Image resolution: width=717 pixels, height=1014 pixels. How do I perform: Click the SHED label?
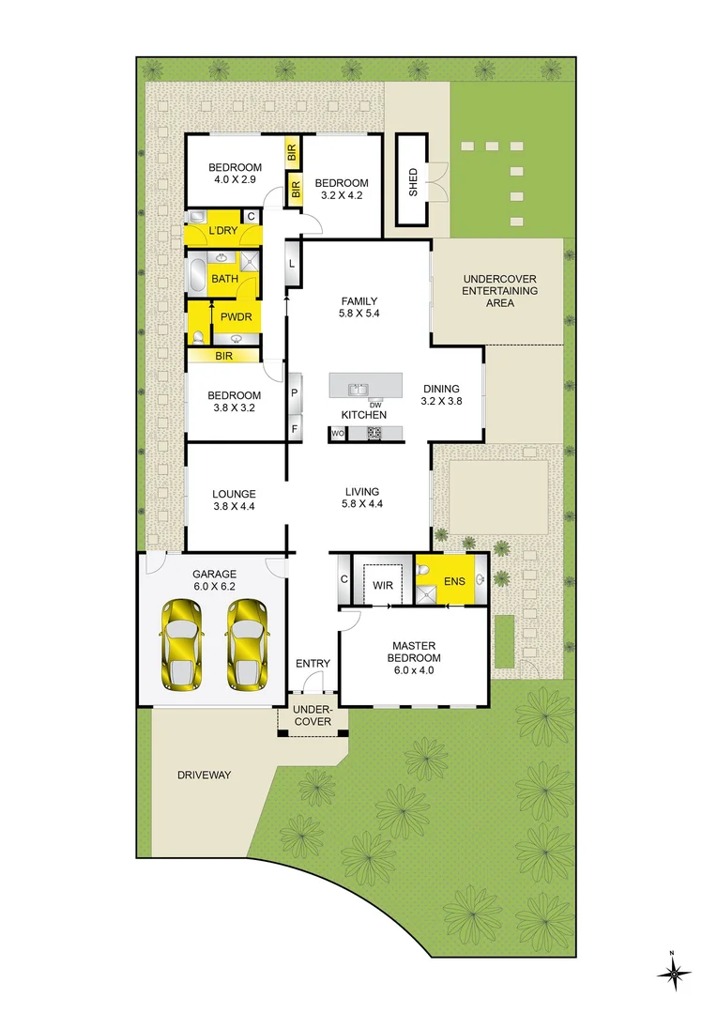(413, 181)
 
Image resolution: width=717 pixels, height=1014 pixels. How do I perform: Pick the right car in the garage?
(247, 643)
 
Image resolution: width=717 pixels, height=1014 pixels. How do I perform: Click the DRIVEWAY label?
(204, 775)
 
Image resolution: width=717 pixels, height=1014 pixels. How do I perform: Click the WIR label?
(382, 585)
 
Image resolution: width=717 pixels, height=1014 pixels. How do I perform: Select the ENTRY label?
(313, 664)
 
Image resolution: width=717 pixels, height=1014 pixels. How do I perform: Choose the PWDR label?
(236, 317)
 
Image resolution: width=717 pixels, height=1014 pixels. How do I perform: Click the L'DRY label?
(222, 231)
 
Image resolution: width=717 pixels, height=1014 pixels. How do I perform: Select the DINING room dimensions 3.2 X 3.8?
(441, 401)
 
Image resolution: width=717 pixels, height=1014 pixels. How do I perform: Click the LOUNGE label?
(234, 493)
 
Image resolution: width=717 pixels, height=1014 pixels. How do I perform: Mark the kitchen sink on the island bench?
(358, 387)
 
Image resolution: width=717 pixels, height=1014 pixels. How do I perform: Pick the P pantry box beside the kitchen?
(294, 392)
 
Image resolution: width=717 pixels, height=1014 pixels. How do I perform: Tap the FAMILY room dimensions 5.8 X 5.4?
(359, 314)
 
